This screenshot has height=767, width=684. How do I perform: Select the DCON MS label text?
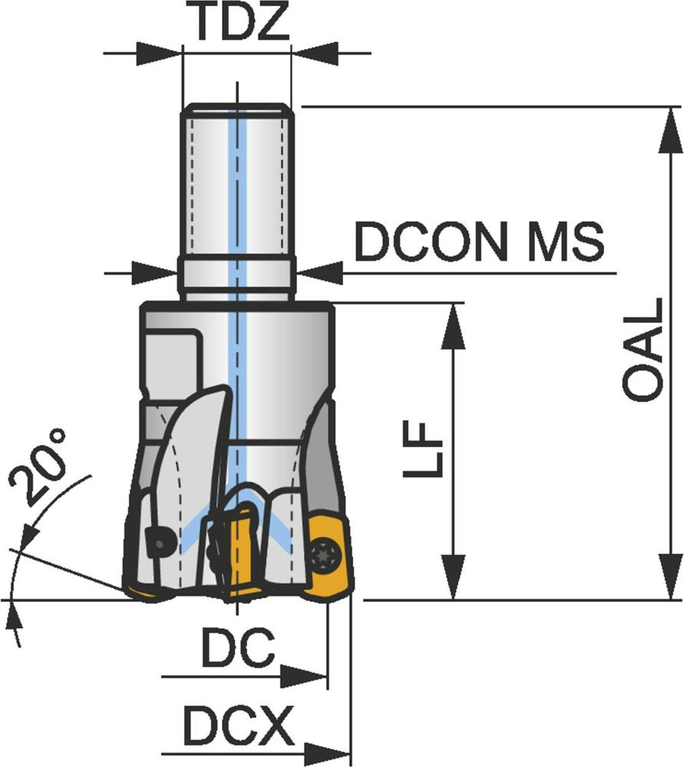479,242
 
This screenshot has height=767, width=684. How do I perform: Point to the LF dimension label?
422,449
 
